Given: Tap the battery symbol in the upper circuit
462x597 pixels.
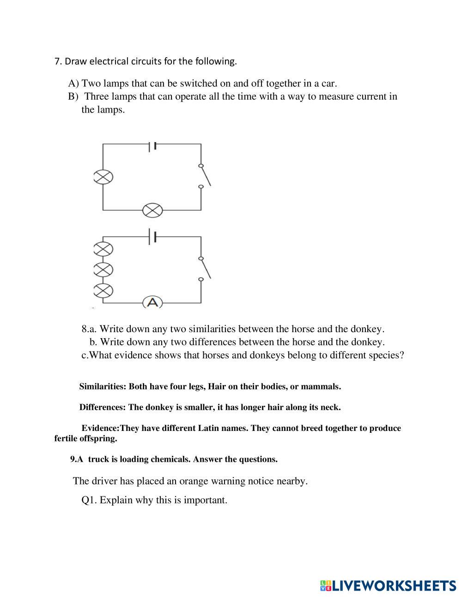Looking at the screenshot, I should (x=153, y=146).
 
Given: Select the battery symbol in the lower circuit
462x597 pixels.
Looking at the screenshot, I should (x=153, y=237).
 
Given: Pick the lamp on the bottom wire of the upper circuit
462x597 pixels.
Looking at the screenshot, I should (x=152, y=211).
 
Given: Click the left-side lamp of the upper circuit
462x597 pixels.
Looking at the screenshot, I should (x=103, y=177).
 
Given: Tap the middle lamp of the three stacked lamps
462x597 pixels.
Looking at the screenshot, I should (x=103, y=269).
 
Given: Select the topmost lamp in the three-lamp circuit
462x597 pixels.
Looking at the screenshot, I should (x=103, y=249).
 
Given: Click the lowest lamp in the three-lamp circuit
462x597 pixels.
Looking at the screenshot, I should (x=103, y=290).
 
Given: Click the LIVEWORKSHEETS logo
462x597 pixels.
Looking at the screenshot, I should (x=388, y=585).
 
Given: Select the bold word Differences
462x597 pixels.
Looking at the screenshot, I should (x=102, y=407).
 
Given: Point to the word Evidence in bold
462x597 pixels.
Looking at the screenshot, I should (x=99, y=428).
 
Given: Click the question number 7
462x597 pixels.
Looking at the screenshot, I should (x=57, y=61).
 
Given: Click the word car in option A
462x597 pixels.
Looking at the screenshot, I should (x=329, y=84).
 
